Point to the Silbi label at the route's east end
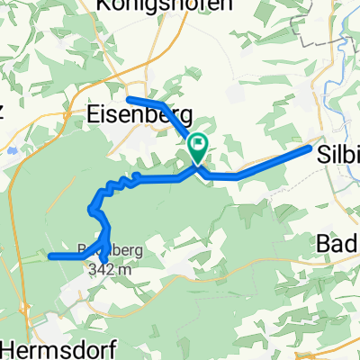point(338,154)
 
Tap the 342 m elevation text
point(118,267)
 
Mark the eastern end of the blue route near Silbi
point(310,148)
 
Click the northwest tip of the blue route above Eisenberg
point(129,97)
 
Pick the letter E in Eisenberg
point(94,115)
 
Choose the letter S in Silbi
point(325,154)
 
